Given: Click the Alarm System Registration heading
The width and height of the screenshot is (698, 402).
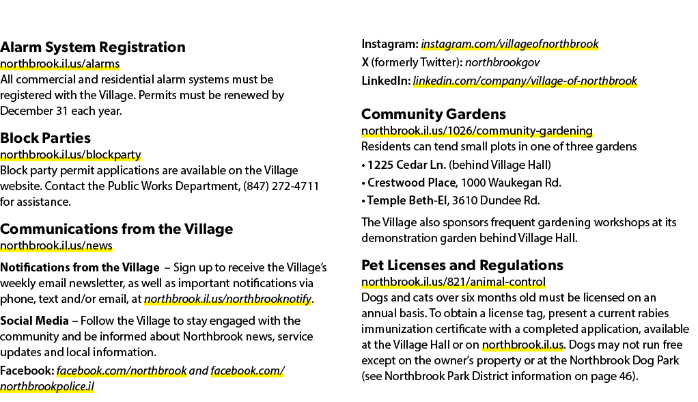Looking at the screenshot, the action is click(x=93, y=47).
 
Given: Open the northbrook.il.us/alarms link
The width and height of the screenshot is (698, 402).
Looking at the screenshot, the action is click(x=59, y=64).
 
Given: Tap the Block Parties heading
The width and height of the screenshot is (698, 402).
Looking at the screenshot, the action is click(x=45, y=138).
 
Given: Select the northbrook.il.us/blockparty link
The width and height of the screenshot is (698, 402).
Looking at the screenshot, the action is click(x=70, y=155).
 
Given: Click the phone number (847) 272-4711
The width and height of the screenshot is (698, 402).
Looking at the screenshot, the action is click(x=281, y=186).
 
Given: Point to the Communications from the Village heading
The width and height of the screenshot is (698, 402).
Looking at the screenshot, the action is click(x=117, y=229).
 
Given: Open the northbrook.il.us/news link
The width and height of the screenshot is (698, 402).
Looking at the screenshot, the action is click(x=56, y=245).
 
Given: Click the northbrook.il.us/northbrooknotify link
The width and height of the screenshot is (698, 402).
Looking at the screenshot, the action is click(x=227, y=299).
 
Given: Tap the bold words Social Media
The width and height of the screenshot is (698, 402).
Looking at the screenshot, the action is click(x=34, y=321).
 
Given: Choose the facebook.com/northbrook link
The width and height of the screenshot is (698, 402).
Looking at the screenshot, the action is click(x=122, y=371).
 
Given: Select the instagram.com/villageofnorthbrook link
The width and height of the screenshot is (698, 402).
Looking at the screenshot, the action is click(x=509, y=44).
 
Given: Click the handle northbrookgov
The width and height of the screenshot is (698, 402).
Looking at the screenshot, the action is click(x=502, y=62).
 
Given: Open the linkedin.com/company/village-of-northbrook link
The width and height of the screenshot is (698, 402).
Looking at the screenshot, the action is click(x=525, y=81).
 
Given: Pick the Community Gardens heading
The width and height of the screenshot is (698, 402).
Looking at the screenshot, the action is click(x=434, y=114).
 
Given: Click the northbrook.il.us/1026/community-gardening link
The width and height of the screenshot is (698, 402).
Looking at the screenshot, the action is click(x=477, y=131).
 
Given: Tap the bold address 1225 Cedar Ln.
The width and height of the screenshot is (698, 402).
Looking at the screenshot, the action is click(x=406, y=165).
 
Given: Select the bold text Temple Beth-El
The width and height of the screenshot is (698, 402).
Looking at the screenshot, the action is click(x=407, y=200).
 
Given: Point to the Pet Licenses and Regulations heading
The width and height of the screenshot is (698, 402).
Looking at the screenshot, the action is click(x=462, y=266).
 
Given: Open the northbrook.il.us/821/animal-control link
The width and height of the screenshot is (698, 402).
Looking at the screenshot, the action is click(x=453, y=282).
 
